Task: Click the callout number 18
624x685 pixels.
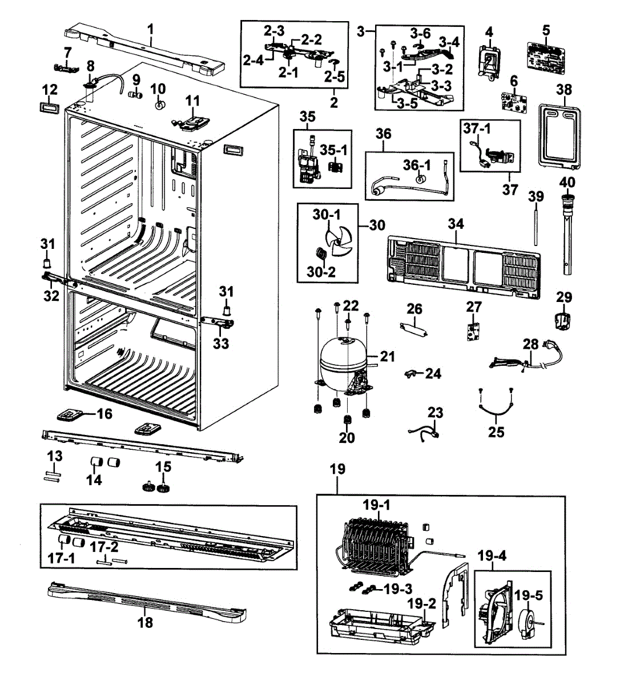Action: pyautogui.click(x=146, y=622)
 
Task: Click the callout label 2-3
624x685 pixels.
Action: pyautogui.click(x=277, y=30)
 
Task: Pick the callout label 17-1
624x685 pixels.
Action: pyautogui.click(x=61, y=558)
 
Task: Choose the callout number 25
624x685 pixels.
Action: pyautogui.click(x=496, y=432)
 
